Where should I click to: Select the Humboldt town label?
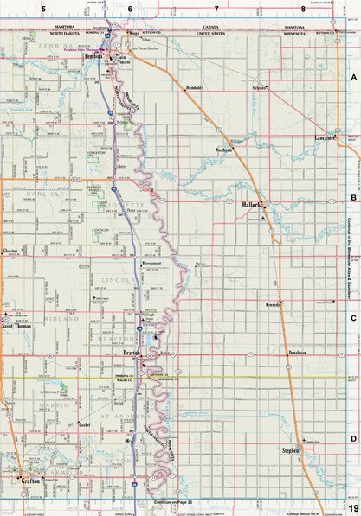pos(194,87)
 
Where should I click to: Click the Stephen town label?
pos(290,451)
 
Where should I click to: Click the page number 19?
pos(352,509)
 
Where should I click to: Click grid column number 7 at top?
pos(216,8)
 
